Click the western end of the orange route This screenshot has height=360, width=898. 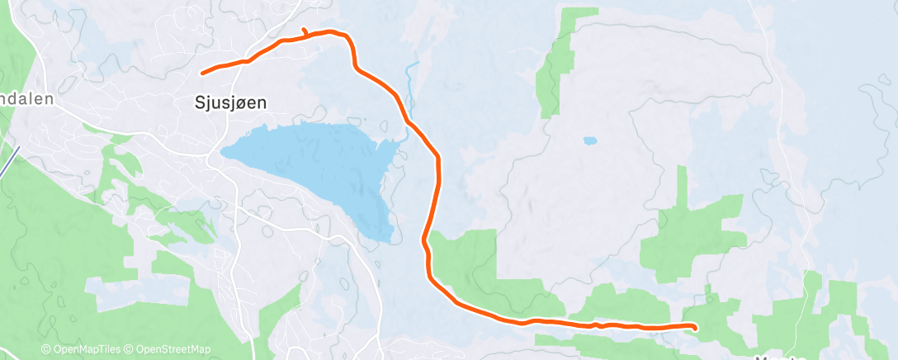pos(202,73)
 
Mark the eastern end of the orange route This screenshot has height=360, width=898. pos(696,328)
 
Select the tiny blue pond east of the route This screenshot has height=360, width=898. pos(589,141)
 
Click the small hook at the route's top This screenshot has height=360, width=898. pos(305,32)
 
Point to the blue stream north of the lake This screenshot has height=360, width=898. pos(409,83)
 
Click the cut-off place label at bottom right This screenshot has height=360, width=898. pos(780,357)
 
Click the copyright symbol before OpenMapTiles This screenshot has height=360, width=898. pos(46,350)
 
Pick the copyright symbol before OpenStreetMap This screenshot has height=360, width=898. pos(130,350)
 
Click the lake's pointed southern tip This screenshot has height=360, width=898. pos(381,240)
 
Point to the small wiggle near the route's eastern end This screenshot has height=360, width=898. pos(596,324)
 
